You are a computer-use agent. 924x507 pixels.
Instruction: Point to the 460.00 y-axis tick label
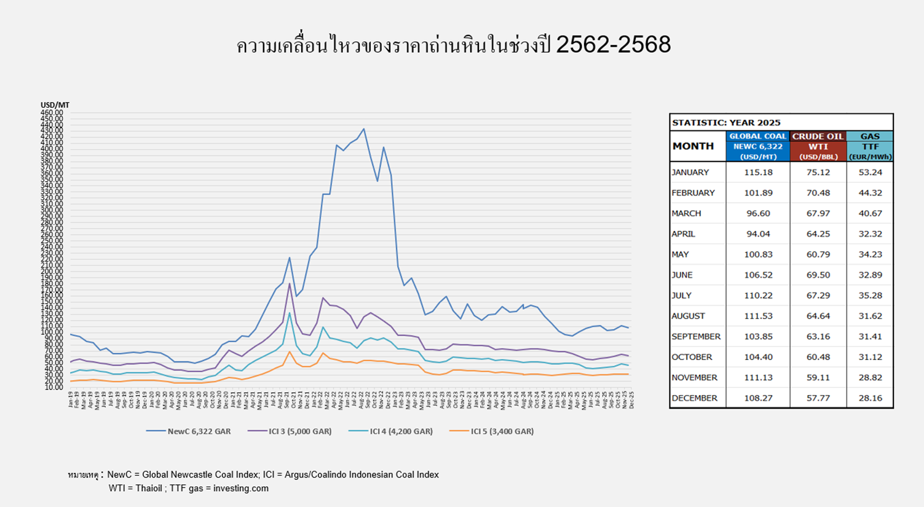[52, 112]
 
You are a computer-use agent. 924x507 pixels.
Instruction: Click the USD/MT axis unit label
[55, 105]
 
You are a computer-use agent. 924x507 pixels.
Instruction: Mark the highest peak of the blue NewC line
[363, 129]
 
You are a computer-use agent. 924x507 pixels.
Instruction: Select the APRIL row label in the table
[683, 234]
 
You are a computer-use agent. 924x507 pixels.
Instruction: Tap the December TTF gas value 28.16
[870, 398]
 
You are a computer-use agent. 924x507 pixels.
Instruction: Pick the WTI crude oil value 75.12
[818, 173]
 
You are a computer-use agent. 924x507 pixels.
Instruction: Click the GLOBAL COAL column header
[757, 136]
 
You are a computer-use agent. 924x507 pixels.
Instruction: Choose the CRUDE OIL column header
[818, 136]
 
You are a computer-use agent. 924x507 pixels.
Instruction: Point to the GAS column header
[870, 136]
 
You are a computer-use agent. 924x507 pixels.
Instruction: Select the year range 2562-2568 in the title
[613, 45]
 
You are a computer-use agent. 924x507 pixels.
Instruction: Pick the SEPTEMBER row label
[695, 337]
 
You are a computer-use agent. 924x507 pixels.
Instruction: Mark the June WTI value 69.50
[818, 275]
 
